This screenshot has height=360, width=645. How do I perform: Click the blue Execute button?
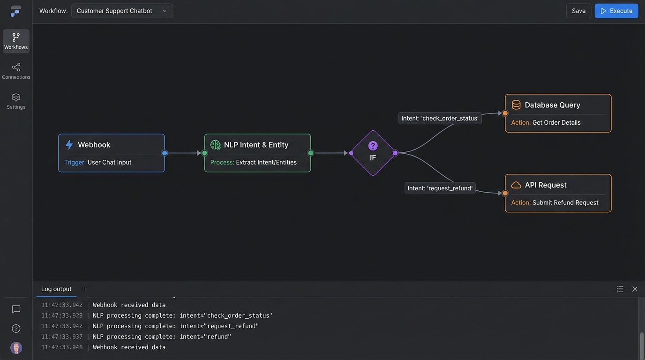click(x=616, y=11)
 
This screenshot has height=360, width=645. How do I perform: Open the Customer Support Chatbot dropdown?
click(x=122, y=11)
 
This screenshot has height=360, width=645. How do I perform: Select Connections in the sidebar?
click(x=16, y=71)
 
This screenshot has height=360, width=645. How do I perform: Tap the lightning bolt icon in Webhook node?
click(x=69, y=145)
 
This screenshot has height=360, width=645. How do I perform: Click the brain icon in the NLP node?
click(x=215, y=145)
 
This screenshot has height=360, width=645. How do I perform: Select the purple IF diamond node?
click(x=373, y=153)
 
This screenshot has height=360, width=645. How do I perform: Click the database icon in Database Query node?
click(x=516, y=105)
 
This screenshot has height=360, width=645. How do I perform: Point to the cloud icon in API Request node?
click(x=516, y=185)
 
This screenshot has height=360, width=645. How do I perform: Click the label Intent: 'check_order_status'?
click(x=440, y=118)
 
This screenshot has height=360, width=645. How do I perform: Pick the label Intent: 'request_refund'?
click(x=440, y=188)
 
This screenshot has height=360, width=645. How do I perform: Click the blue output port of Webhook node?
click(x=165, y=153)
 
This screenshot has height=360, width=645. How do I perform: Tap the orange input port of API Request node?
click(x=505, y=193)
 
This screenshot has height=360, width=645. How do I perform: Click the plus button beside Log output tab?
click(x=85, y=289)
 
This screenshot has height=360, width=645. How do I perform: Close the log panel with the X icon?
click(x=635, y=289)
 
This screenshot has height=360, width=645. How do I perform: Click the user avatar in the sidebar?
click(x=16, y=348)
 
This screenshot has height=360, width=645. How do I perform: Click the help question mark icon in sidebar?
click(x=16, y=329)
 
